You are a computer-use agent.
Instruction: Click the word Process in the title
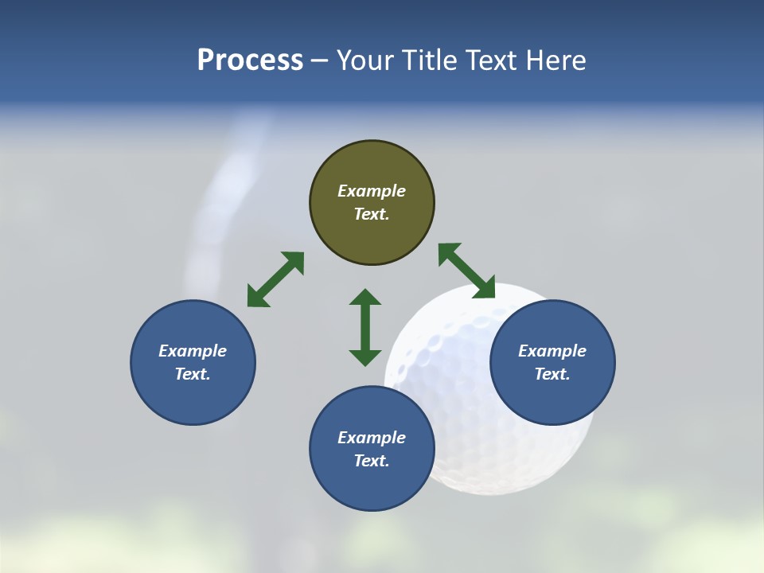(250, 60)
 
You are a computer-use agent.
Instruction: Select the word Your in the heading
(367, 60)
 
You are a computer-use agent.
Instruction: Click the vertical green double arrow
(365, 327)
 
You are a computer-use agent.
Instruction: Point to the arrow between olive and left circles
(275, 279)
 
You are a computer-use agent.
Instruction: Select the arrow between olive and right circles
(466, 271)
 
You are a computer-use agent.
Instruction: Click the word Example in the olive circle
(372, 191)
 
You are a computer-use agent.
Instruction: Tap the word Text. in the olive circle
(372, 214)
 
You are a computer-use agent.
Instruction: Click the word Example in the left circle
(193, 351)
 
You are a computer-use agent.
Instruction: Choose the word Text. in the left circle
(193, 374)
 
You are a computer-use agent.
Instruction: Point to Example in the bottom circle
(372, 438)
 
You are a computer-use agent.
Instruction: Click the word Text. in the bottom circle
(372, 461)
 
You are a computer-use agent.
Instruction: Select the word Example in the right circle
(552, 351)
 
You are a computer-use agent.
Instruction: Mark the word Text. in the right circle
(552, 374)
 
